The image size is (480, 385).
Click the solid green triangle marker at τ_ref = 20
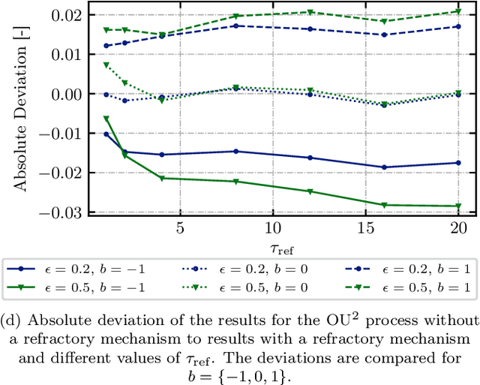tap(458, 206)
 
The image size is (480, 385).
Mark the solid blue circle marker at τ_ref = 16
tap(384, 167)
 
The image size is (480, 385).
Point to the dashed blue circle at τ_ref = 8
tap(235, 26)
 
